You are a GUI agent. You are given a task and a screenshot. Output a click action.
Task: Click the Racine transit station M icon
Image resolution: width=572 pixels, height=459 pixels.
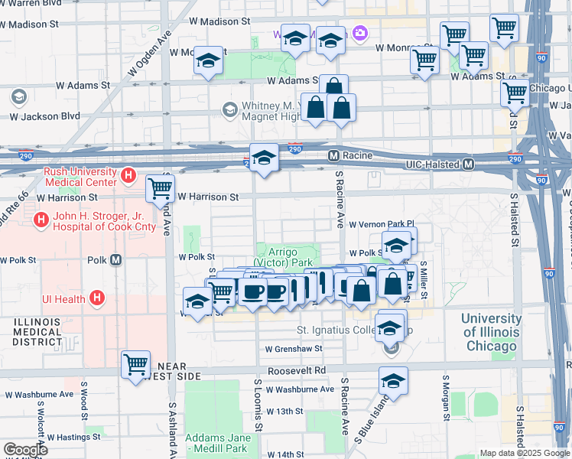(333, 155)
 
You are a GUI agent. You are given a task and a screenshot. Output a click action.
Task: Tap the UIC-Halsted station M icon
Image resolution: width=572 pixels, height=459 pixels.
(468, 164)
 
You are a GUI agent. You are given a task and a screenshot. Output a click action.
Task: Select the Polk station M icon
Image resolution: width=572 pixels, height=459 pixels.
(116, 259)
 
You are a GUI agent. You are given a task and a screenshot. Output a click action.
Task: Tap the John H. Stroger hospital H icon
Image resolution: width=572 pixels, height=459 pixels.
(40, 221)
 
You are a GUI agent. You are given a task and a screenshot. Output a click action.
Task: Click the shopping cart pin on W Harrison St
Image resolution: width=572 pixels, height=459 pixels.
(160, 187)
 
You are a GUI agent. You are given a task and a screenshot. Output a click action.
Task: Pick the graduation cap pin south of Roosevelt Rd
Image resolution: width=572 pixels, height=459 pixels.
(393, 380)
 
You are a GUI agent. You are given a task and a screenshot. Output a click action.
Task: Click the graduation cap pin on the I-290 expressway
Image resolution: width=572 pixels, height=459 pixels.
(265, 158)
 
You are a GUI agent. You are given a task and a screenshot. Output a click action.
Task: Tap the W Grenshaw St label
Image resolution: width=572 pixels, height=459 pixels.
(294, 349)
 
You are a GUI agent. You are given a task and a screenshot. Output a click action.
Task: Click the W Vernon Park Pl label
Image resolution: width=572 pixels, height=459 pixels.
(381, 224)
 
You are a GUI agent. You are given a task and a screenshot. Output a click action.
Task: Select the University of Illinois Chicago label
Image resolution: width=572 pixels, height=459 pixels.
(501, 332)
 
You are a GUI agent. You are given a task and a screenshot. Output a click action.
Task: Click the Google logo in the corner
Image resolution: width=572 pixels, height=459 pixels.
(26, 450)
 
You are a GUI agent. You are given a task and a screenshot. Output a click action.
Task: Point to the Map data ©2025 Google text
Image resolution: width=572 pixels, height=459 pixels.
(523, 453)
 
